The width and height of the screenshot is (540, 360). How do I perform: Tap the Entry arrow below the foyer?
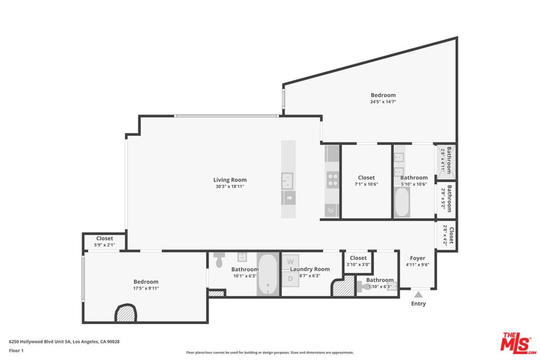[418, 295]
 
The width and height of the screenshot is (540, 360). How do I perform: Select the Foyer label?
[418, 258]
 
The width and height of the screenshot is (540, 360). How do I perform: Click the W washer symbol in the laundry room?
[290, 261]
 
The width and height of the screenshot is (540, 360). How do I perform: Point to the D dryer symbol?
[290, 278]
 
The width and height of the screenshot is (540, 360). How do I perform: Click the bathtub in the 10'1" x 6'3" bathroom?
[268, 274]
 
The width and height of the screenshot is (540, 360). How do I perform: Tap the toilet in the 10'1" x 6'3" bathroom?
[220, 260]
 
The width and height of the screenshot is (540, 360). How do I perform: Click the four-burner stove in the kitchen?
[333, 179]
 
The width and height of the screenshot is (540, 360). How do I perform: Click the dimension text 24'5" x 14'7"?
[383, 102]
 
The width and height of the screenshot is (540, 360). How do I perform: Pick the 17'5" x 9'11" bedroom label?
[146, 281]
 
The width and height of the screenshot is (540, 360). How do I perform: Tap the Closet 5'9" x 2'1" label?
[104, 238]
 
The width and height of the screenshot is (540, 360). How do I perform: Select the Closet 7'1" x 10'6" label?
[366, 178]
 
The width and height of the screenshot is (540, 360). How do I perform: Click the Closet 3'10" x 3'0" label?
[358, 258]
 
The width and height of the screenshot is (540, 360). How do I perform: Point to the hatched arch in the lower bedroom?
[126, 314]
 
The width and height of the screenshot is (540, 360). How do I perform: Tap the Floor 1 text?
[16, 350]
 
